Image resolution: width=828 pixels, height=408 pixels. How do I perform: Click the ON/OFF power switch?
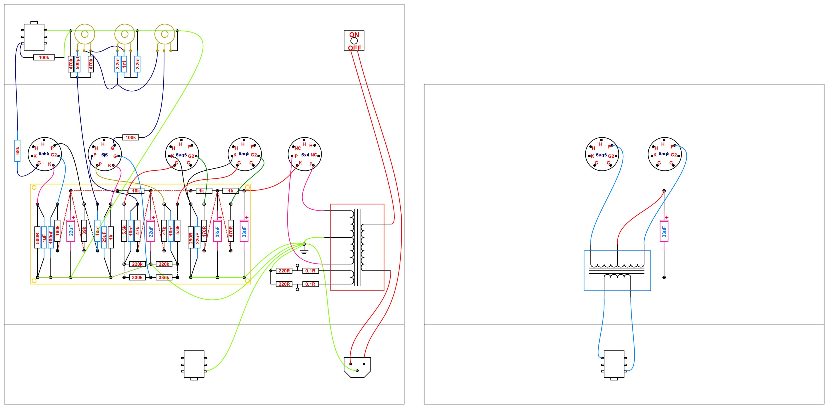[354, 41]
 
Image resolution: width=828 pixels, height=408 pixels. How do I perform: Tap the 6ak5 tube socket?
[45, 154]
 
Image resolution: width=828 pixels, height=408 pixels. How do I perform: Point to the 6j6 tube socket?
[104, 154]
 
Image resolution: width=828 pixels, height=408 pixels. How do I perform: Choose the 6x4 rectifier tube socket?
[304, 154]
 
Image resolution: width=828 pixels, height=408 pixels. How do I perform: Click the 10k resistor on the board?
[136, 191]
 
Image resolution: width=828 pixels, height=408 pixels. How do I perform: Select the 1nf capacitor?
[124, 64]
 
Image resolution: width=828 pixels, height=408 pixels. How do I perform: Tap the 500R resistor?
[37, 238]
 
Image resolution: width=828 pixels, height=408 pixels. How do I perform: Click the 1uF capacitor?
[44, 238]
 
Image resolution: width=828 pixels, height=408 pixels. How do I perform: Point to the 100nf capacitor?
[51, 238]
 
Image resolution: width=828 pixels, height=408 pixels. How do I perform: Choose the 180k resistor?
[58, 230]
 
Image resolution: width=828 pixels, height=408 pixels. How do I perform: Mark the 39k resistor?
[84, 230]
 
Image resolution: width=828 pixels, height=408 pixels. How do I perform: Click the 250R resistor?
[191, 238]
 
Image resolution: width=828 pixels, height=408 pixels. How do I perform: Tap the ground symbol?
[304, 249]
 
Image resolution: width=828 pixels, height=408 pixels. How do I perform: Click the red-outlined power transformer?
[357, 247]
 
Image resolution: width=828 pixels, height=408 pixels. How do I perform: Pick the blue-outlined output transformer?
[617, 271]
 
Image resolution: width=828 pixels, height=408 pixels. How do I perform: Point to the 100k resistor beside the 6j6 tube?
[130, 138]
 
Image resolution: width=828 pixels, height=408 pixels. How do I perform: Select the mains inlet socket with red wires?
[357, 367]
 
